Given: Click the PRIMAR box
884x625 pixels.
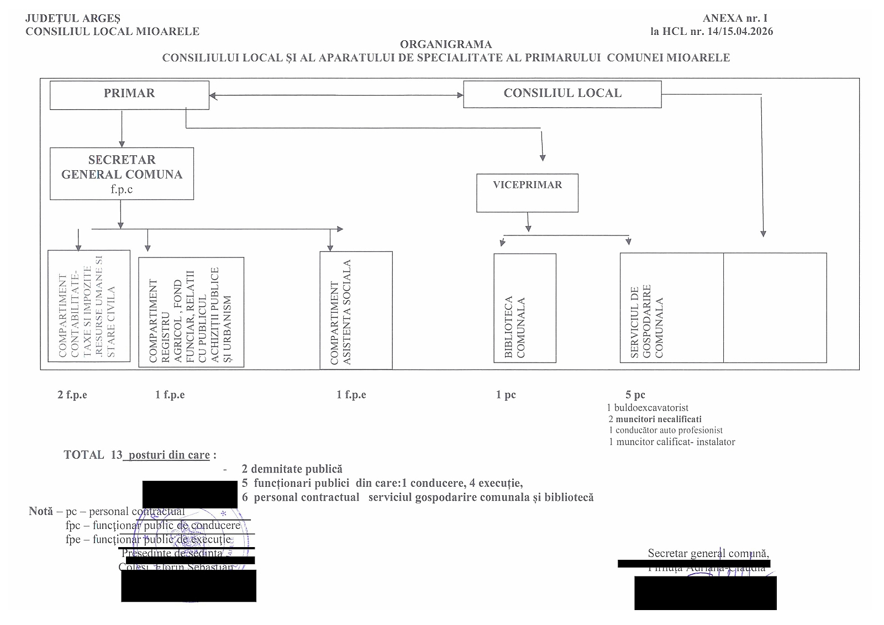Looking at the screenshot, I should click(129, 94).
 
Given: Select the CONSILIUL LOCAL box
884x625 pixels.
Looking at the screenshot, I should click(562, 94).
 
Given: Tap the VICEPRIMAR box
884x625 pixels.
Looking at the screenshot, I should click(527, 193).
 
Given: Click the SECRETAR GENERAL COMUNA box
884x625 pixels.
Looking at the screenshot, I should click(122, 174).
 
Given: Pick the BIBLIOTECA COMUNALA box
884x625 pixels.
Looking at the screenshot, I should click(524, 308).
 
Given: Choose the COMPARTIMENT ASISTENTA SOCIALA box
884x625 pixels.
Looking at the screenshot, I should click(356, 310).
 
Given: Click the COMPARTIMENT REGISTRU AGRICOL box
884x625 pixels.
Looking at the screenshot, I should click(191, 313).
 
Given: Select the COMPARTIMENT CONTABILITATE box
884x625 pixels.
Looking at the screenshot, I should click(88, 306).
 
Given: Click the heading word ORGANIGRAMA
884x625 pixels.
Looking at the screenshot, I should click(445, 44).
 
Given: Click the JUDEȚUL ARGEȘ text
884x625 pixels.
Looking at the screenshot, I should click(73, 19).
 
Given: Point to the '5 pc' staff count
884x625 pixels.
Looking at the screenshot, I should click(635, 395).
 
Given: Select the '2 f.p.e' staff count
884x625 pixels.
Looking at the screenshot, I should click(72, 395).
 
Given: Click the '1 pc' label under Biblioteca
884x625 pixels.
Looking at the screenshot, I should click(506, 395).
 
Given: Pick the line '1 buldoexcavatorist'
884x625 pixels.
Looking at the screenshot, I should click(647, 408).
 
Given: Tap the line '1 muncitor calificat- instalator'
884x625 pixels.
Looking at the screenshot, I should click(671, 442).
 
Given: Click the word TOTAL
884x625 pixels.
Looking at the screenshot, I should click(84, 455).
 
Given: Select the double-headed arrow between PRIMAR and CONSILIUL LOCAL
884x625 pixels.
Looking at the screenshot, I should click(336, 96).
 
